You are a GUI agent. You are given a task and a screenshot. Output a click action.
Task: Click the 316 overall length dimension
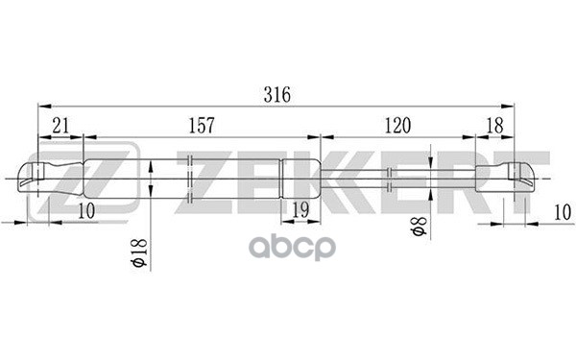pos(276,94)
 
